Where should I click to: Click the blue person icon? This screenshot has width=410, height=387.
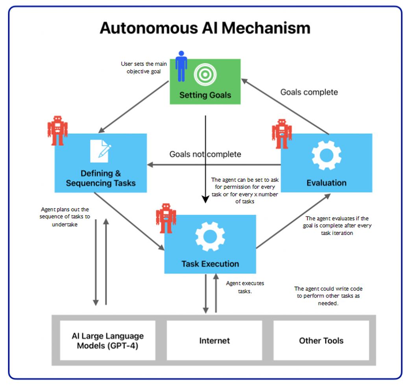(181, 66)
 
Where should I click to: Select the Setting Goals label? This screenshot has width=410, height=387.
(205, 95)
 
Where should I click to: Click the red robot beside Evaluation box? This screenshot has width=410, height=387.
(282, 134)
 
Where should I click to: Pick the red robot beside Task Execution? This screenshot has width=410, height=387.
(166, 218)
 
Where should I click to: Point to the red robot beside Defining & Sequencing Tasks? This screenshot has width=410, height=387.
(57, 130)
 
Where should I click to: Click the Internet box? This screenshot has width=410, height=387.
(214, 341)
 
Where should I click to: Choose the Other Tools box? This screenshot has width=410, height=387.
(321, 341)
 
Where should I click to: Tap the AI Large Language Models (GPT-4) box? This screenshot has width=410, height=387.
(107, 341)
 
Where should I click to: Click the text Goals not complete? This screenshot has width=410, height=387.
(205, 154)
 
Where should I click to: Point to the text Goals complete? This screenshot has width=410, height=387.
(309, 92)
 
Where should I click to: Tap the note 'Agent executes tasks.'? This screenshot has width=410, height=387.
(240, 287)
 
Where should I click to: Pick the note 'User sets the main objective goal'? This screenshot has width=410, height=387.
(144, 68)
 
